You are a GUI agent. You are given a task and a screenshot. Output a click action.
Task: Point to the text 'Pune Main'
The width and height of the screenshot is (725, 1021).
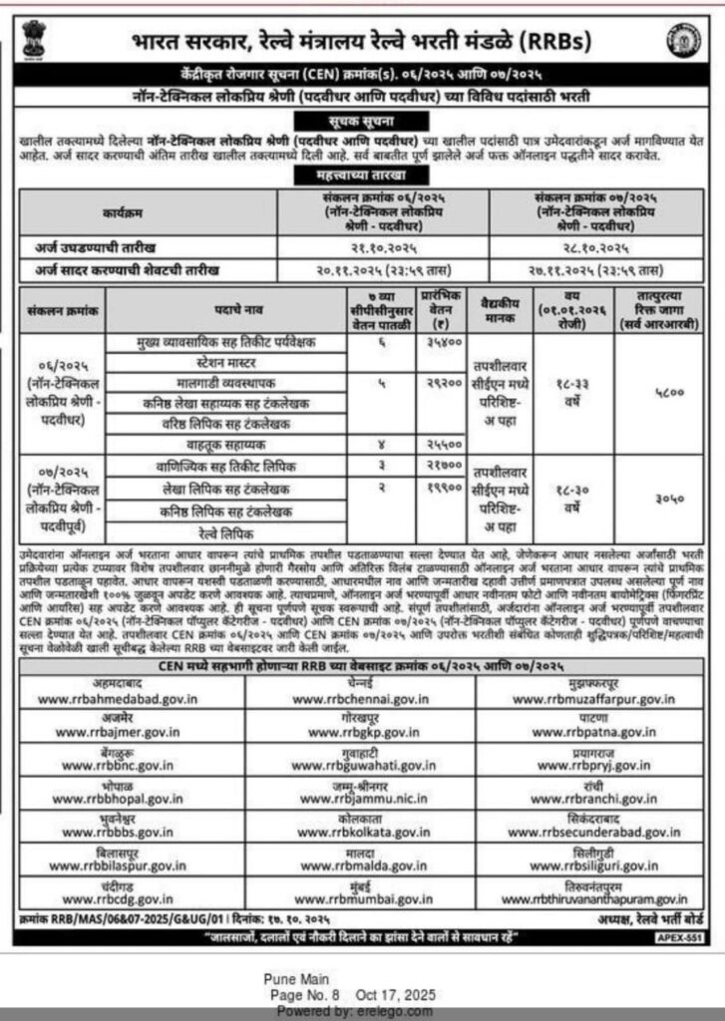296,979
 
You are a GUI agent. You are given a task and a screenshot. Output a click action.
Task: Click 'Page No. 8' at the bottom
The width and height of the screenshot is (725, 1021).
305,994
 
